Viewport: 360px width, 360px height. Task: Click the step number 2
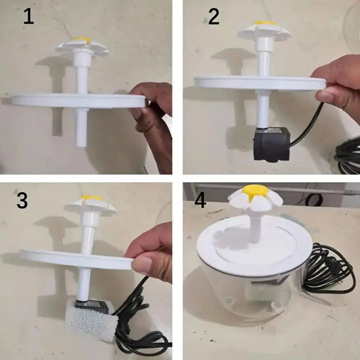click(x=214, y=17)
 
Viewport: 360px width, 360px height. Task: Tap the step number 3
click(x=22, y=200)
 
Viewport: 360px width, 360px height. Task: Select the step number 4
click(x=200, y=200)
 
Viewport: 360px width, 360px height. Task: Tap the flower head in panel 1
click(x=81, y=46)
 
